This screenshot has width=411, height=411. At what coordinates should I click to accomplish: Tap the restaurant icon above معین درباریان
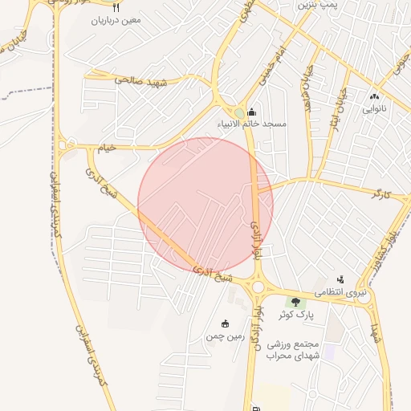click(116, 7)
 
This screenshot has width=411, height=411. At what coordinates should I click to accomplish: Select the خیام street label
click(108, 148)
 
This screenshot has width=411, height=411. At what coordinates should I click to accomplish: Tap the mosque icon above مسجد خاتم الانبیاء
click(252, 112)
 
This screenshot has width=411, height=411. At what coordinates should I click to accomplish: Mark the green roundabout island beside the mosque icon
click(239, 113)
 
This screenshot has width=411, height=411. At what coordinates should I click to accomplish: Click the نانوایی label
click(374, 108)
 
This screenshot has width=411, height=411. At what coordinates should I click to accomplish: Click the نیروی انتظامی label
click(340, 293)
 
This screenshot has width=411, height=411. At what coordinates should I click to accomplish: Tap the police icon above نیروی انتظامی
click(340, 280)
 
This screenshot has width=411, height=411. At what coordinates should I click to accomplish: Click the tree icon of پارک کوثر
click(295, 303)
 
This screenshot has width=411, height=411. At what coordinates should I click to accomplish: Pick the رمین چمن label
click(226, 336)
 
